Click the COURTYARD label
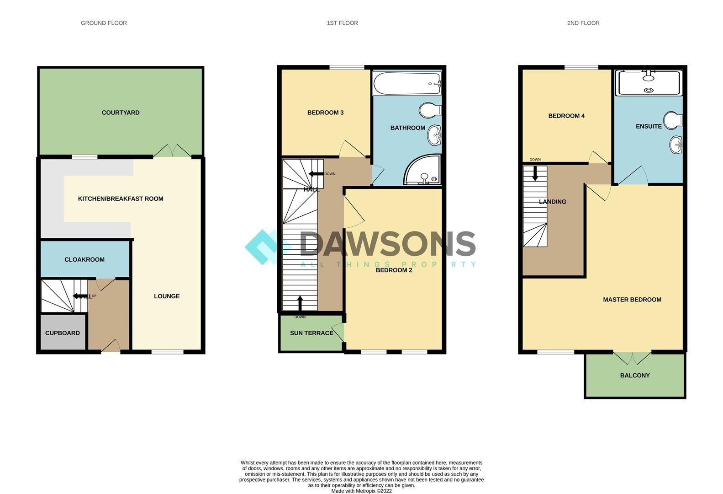click(121, 113)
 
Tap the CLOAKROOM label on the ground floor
click(84, 259)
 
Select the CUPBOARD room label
click(63, 333)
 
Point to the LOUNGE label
click(167, 296)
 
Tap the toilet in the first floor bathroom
click(429, 110)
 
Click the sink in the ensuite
click(676, 145)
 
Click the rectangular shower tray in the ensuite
click(649, 83)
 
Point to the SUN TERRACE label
click(311, 333)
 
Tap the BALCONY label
click(635, 376)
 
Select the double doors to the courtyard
click(172, 151)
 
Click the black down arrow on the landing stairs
click(535, 173)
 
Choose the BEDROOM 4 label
click(566, 116)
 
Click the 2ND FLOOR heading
click(583, 23)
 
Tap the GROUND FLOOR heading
click(104, 23)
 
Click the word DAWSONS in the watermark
click(388, 243)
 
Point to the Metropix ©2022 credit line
click(361, 491)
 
